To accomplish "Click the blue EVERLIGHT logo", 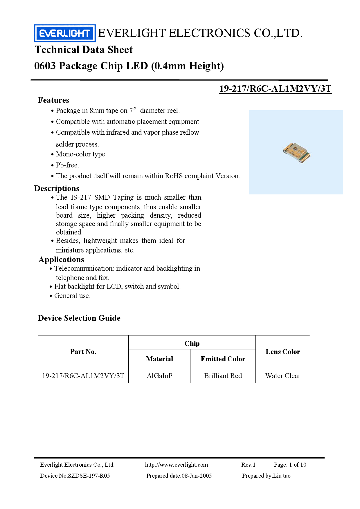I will (x=65, y=33).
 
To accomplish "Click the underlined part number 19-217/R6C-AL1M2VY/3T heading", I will (x=275, y=89).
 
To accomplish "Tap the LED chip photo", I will (x=296, y=153).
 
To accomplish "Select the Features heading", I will (x=54, y=100).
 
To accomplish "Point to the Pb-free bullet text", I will (x=67, y=165).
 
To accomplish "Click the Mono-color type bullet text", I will (x=81, y=154).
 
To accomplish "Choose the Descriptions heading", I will (x=57, y=188).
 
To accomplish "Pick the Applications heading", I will (x=61, y=259).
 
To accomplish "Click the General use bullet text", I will (x=72, y=296).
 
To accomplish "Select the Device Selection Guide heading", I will (x=79, y=318).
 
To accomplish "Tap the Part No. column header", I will (x=83, y=352).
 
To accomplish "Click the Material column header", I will (x=159, y=359).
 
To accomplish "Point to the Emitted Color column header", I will (x=223, y=359).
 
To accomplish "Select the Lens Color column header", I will (x=283, y=352).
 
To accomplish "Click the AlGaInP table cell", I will (x=159, y=376).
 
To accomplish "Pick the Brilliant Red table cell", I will (x=223, y=376).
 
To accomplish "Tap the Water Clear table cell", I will (x=283, y=376).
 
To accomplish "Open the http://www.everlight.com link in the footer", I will (x=177, y=465).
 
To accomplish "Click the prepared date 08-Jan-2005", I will (x=197, y=476).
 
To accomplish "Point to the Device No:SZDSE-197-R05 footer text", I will (x=75, y=476).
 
